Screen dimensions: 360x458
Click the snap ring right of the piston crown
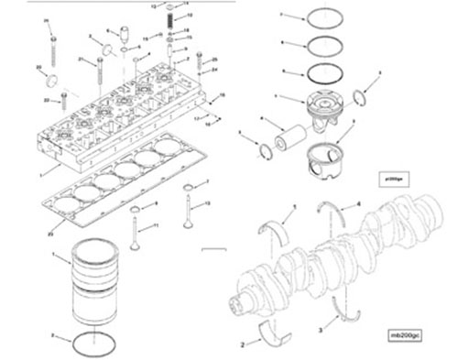(x=361, y=97)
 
